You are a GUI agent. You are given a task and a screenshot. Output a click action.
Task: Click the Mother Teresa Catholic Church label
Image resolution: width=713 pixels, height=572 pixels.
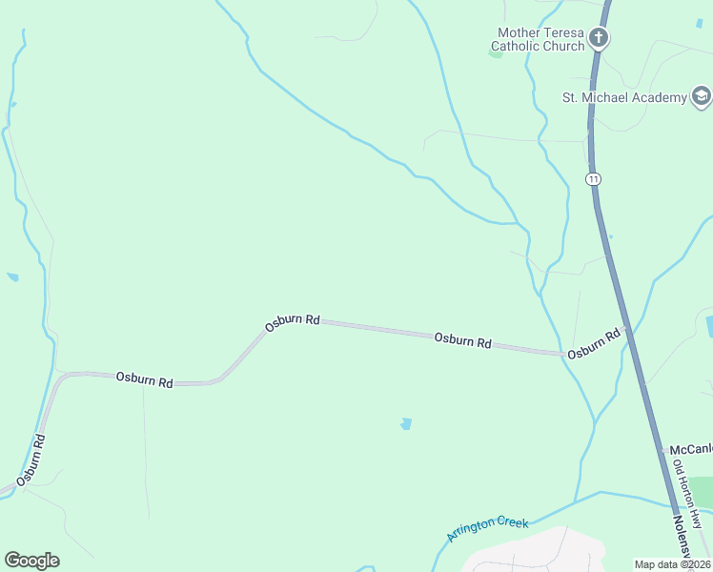click(x=540, y=38)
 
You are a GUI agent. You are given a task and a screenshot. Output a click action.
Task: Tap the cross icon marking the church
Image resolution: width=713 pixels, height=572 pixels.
click(x=599, y=38)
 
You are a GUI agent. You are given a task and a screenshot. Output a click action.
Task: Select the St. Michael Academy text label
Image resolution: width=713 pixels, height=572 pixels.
click(x=624, y=97)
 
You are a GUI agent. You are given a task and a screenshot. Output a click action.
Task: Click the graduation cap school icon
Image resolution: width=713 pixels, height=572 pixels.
click(x=702, y=96)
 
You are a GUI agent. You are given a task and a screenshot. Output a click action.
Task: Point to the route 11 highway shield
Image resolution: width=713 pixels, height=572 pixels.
click(x=594, y=178)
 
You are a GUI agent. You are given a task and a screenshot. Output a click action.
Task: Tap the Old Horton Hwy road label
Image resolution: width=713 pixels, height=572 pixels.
click(x=686, y=495)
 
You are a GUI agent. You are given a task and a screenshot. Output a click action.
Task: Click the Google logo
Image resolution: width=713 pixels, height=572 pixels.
click(x=31, y=561)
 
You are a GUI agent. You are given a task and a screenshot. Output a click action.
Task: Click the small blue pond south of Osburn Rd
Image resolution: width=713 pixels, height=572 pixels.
click(x=407, y=423)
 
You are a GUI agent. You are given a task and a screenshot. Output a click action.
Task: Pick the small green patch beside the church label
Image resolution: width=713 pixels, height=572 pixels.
click(x=495, y=53)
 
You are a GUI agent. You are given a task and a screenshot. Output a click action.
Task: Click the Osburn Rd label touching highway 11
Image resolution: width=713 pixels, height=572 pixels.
click(x=594, y=344)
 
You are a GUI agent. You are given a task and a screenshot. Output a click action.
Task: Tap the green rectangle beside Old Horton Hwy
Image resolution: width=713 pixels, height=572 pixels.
click(x=703, y=491)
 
